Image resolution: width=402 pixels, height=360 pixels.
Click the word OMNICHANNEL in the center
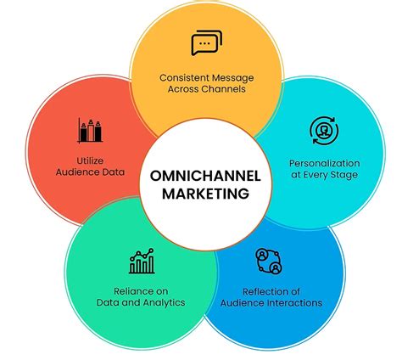tap(201, 177)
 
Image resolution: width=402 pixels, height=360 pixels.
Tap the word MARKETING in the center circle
tap(201, 194)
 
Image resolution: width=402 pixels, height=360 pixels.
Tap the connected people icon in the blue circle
tap(269, 261)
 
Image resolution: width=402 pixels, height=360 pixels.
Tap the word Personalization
tap(324, 162)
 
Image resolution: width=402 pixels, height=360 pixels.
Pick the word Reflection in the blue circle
tap(261, 290)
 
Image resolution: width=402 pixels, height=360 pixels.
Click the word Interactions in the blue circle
tap(293, 302)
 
